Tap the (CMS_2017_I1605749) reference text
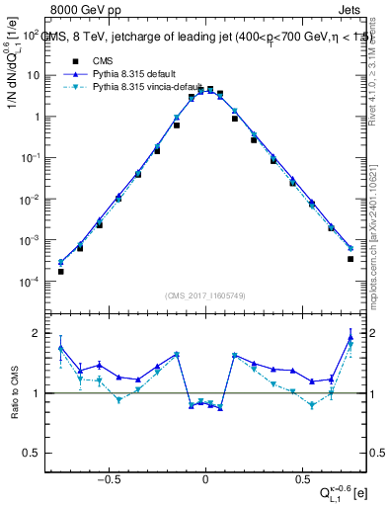[205, 295]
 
